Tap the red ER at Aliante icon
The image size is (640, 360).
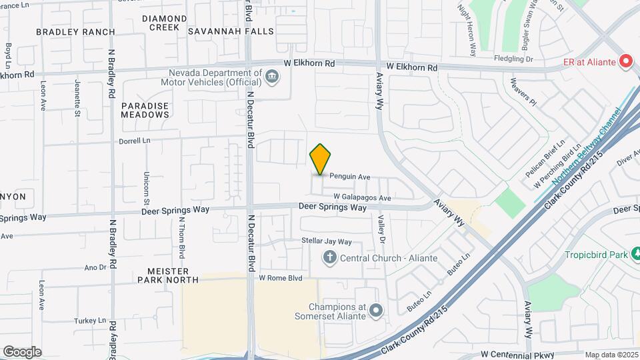[x=625, y=62]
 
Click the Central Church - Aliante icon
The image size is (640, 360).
[x=329, y=257]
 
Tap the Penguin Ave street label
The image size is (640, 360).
[x=350, y=177]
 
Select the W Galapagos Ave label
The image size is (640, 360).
[x=362, y=197]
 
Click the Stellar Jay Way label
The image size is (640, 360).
[x=326, y=241]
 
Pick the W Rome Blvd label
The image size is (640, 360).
[x=281, y=278]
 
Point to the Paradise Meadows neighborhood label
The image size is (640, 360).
[x=145, y=110]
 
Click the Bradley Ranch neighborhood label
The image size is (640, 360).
[x=75, y=31]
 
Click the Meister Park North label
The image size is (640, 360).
[x=168, y=275]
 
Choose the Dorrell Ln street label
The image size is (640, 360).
[x=135, y=141]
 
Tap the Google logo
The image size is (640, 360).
[x=22, y=352]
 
